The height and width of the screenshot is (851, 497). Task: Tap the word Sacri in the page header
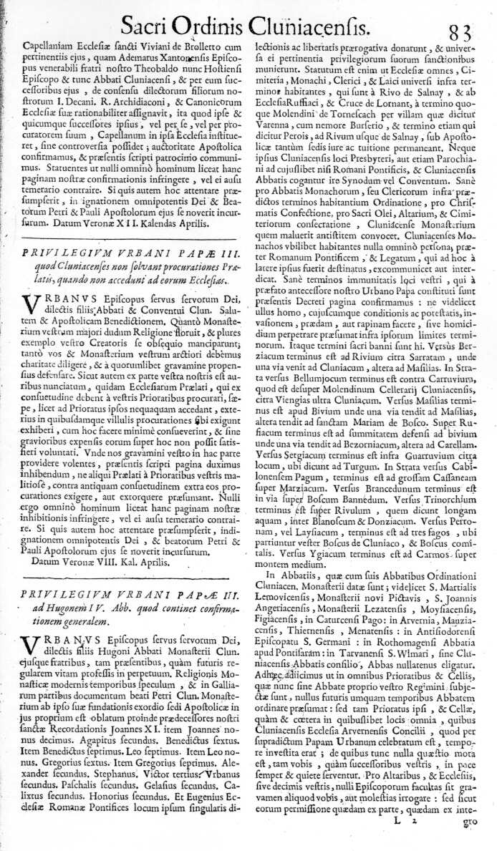point(147,28)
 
